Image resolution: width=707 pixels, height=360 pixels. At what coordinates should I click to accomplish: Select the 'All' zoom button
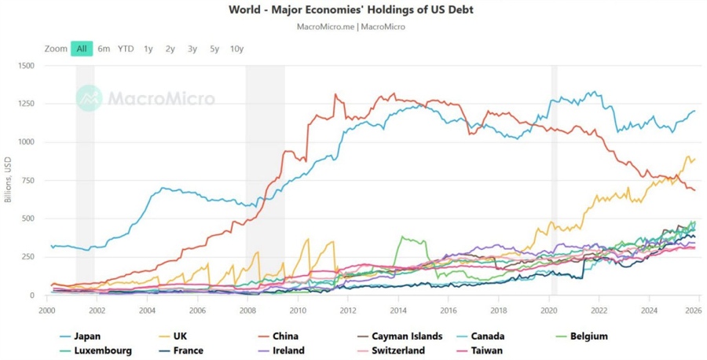[x=81, y=49]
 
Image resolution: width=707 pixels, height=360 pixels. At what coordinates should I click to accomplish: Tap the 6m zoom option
[x=104, y=49]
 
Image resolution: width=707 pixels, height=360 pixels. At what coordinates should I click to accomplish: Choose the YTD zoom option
[x=126, y=49]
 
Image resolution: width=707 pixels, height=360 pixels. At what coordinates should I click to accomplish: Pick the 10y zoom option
[x=236, y=49]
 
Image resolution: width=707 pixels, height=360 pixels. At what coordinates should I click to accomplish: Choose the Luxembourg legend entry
[x=102, y=351]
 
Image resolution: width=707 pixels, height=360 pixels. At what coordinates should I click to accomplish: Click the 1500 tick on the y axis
[x=25, y=66]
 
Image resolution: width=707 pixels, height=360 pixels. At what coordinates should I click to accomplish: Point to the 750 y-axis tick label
[x=27, y=181]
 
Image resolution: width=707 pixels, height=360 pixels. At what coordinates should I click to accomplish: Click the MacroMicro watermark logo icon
[x=89, y=98]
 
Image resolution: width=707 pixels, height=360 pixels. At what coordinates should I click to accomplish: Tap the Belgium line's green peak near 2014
[x=402, y=237]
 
